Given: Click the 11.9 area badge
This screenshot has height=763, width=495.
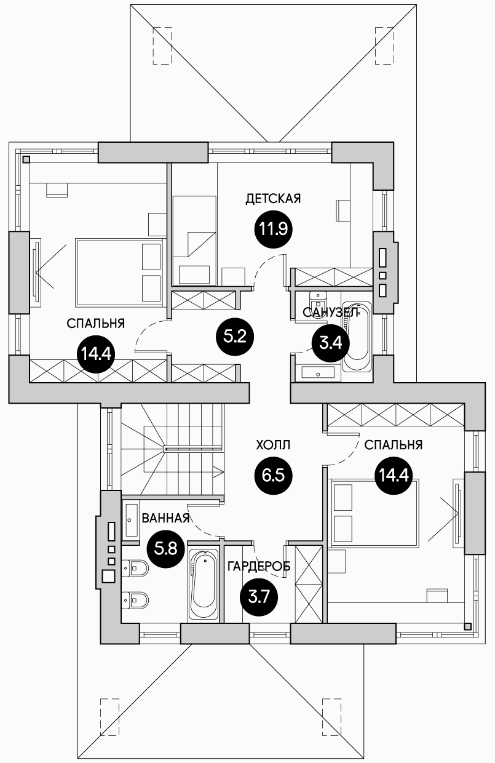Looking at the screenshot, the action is tap(274, 229).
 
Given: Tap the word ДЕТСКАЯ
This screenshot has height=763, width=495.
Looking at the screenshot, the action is tap(274, 199).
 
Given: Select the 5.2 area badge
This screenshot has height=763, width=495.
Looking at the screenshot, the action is tap(236, 337).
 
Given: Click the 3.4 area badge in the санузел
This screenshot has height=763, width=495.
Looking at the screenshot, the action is tap(331, 343).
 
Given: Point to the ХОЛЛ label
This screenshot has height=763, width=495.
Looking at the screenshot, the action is tap(273, 445).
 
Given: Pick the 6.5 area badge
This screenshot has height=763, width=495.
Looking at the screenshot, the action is tap(274, 476).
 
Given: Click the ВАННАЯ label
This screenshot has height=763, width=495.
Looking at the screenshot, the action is tap(165, 519).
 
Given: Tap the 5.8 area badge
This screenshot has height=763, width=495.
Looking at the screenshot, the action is tap(165, 549).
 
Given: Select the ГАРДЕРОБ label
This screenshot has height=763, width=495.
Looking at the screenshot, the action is tap(259, 566).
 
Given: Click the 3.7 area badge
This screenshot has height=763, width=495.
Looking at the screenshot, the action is tap(259, 597).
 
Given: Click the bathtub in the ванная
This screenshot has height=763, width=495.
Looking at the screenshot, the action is tap(204, 585).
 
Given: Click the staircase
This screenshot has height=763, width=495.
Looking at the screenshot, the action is tap(173, 449).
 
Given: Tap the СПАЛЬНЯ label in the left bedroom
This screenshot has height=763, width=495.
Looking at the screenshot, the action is tap(96, 323).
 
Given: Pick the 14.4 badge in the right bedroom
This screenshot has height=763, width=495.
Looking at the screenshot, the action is tap(394, 475).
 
